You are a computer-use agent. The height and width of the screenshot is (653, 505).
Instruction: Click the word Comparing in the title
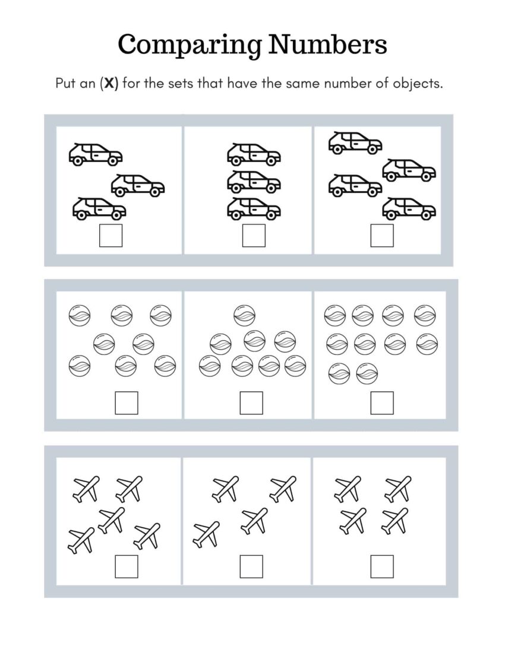pyautogui.click(x=190, y=45)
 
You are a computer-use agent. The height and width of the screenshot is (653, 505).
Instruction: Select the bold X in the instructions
pyautogui.click(x=109, y=83)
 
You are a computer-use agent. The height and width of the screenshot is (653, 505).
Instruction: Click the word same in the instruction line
pyautogui.click(x=302, y=83)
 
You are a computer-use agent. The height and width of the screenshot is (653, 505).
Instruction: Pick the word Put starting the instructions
pyautogui.click(x=67, y=83)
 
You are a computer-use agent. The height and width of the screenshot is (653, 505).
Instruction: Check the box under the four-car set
pyautogui.click(x=382, y=236)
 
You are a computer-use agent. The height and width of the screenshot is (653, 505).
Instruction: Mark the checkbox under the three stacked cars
pyautogui.click(x=254, y=236)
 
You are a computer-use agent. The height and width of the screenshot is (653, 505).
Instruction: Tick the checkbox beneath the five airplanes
pyautogui.click(x=126, y=566)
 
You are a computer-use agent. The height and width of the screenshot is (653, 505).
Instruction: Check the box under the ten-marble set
pyautogui.click(x=382, y=403)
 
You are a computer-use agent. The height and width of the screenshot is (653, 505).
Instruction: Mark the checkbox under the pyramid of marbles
pyautogui.click(x=251, y=403)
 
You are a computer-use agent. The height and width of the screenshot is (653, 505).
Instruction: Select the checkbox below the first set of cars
pyautogui.click(x=111, y=236)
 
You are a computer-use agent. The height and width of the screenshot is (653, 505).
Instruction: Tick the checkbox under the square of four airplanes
pyautogui.click(x=382, y=566)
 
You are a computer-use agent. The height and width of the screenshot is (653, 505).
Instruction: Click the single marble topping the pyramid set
pyautogui.click(x=244, y=315)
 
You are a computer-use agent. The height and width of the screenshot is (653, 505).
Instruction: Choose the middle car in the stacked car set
pyautogui.click(x=254, y=182)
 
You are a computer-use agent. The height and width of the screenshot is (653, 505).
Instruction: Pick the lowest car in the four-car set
pyautogui.click(x=409, y=208)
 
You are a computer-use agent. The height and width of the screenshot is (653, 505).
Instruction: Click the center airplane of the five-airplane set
pyautogui.click(x=111, y=519)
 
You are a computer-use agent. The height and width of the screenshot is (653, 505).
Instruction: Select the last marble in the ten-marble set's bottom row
pyautogui.click(x=367, y=374)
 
